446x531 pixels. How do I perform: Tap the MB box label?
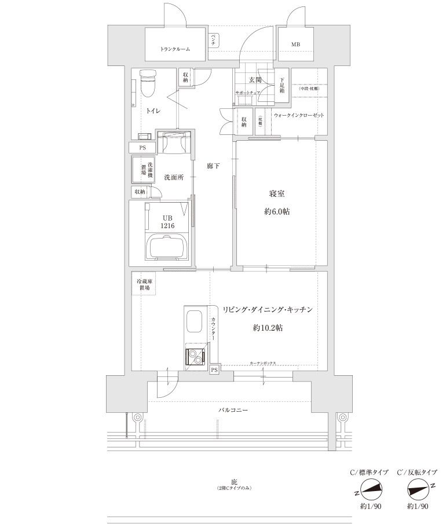point(295,45)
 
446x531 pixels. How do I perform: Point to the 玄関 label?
point(256,80)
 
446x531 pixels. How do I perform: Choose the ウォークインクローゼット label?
point(299,115)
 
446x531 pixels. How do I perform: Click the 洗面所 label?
point(173,178)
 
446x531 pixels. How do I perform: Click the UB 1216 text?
point(168,221)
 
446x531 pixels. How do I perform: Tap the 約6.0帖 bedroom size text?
point(277,212)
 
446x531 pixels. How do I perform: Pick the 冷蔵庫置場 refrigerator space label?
point(144,284)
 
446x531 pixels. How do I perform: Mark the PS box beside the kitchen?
point(214,369)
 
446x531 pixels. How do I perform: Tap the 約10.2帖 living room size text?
point(268,328)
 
